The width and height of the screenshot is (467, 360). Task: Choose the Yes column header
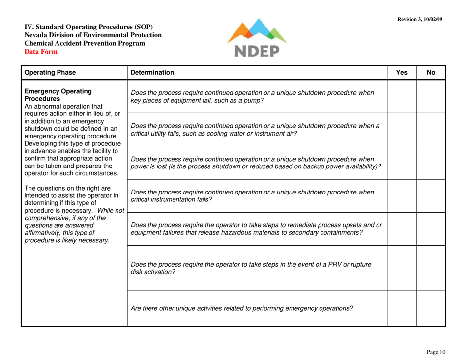coord(401,72)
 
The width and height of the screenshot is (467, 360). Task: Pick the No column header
coord(431,72)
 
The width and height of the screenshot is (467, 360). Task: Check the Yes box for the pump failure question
coord(401,96)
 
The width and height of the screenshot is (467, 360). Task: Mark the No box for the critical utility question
coord(431,129)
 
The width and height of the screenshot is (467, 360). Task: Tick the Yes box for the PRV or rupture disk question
coord(401,268)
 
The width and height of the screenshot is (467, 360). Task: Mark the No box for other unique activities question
coord(431,308)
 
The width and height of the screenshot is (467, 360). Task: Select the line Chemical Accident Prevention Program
coord(85,43)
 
